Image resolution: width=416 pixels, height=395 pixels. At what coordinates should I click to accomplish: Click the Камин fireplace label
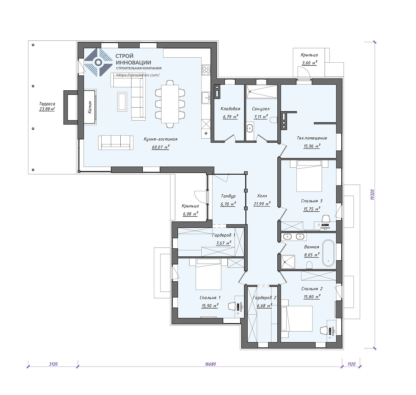click(x=90, y=107)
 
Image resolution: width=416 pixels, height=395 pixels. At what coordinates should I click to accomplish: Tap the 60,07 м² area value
click(x=161, y=147)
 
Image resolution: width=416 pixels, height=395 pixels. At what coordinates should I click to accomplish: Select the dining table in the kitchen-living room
click(x=170, y=104)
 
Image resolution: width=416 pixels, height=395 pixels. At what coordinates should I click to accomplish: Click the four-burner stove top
click(x=206, y=70)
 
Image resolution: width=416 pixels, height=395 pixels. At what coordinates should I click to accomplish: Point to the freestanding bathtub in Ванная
click(x=328, y=253)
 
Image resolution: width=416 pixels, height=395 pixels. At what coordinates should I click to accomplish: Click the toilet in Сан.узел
click(x=274, y=120)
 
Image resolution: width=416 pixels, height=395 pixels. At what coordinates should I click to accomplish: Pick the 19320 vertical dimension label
click(x=372, y=195)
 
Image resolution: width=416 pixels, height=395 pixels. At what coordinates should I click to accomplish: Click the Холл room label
click(x=262, y=196)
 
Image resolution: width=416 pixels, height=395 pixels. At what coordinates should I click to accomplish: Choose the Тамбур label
click(x=228, y=196)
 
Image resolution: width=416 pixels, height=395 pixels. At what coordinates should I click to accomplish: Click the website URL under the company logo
click(x=138, y=75)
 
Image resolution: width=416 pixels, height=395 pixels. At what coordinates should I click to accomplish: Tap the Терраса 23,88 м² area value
click(x=47, y=109)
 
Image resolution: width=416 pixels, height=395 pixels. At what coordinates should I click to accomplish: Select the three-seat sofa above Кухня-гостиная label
click(x=116, y=142)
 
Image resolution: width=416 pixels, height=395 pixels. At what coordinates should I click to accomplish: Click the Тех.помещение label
click(x=312, y=138)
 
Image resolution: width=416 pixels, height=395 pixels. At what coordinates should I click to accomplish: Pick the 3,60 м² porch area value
click(x=309, y=63)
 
